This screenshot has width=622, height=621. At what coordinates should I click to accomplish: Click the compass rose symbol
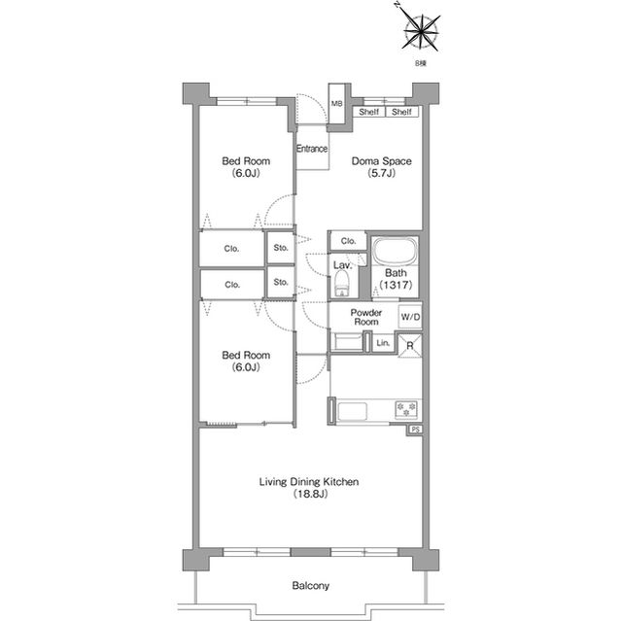421,32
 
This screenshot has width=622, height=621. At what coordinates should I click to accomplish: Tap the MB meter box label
337,104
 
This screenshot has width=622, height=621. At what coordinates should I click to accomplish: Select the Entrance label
312,149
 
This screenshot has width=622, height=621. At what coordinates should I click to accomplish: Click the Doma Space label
382,161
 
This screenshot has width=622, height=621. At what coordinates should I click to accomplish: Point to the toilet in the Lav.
342,284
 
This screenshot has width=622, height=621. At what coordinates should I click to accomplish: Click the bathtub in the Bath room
395,253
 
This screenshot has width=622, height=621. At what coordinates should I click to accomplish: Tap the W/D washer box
410,317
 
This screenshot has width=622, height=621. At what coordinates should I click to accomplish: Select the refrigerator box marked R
410,345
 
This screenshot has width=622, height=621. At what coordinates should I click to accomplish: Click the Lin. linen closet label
383,343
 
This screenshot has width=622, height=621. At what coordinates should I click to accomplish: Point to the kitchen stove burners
406,410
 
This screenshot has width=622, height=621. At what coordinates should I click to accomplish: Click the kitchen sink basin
352,411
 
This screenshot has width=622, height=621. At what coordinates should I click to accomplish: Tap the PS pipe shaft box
415,430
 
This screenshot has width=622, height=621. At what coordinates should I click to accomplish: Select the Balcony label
311,586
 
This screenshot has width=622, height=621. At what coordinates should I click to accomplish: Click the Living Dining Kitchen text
309,482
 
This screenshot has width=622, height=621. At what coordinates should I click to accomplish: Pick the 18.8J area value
310,494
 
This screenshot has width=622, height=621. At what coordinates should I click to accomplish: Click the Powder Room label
366,317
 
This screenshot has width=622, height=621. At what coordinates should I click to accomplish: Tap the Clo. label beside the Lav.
348,241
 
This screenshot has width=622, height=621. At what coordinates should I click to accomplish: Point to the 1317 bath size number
396,285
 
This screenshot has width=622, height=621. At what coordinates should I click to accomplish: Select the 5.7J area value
381,173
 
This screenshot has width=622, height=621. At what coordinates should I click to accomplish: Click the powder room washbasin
347,342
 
